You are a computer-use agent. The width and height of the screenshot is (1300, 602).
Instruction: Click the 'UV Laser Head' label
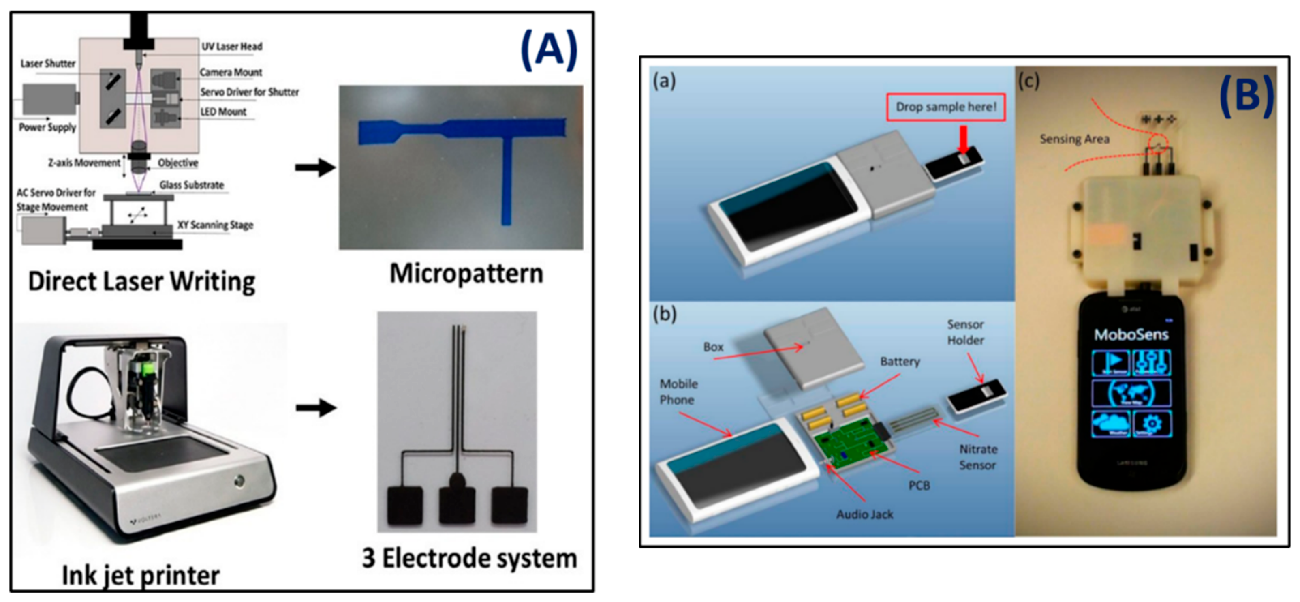232,47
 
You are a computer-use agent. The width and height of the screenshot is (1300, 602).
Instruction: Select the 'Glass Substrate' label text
191,185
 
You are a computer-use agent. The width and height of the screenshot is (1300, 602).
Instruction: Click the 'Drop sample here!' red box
946,107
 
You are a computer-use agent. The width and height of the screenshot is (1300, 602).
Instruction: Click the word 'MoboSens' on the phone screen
1131,334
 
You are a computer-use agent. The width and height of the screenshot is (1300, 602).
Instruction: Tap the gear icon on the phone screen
1152,423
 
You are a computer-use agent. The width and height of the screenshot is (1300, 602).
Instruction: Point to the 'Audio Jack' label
864,514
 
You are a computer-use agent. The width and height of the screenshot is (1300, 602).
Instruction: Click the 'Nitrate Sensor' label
977,457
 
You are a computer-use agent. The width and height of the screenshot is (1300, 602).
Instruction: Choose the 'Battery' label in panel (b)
900,362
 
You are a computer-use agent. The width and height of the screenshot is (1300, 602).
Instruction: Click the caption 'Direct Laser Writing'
141,281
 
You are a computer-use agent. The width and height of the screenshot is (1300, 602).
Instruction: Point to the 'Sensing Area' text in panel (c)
1074,139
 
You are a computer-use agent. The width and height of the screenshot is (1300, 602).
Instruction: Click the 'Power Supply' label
47,127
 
